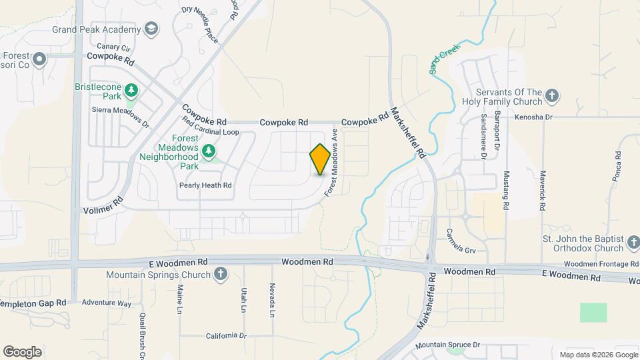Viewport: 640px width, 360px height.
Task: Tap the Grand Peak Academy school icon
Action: (x=152, y=29)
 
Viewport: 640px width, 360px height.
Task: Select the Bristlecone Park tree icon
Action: (x=132, y=89)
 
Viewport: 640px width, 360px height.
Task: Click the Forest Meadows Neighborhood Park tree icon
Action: (x=209, y=150)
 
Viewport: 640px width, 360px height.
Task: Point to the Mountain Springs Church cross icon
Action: (x=221, y=274)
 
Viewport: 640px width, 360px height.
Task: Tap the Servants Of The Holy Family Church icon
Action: (x=551, y=96)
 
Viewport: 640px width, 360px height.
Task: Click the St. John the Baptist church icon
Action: (x=633, y=244)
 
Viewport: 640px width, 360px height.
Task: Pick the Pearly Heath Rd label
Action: (x=205, y=185)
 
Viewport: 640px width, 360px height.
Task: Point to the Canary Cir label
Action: (x=113, y=47)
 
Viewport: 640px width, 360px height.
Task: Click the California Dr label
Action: (x=226, y=336)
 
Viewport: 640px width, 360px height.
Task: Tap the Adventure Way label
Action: (x=107, y=303)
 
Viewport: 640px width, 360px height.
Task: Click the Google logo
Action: (x=22, y=351)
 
